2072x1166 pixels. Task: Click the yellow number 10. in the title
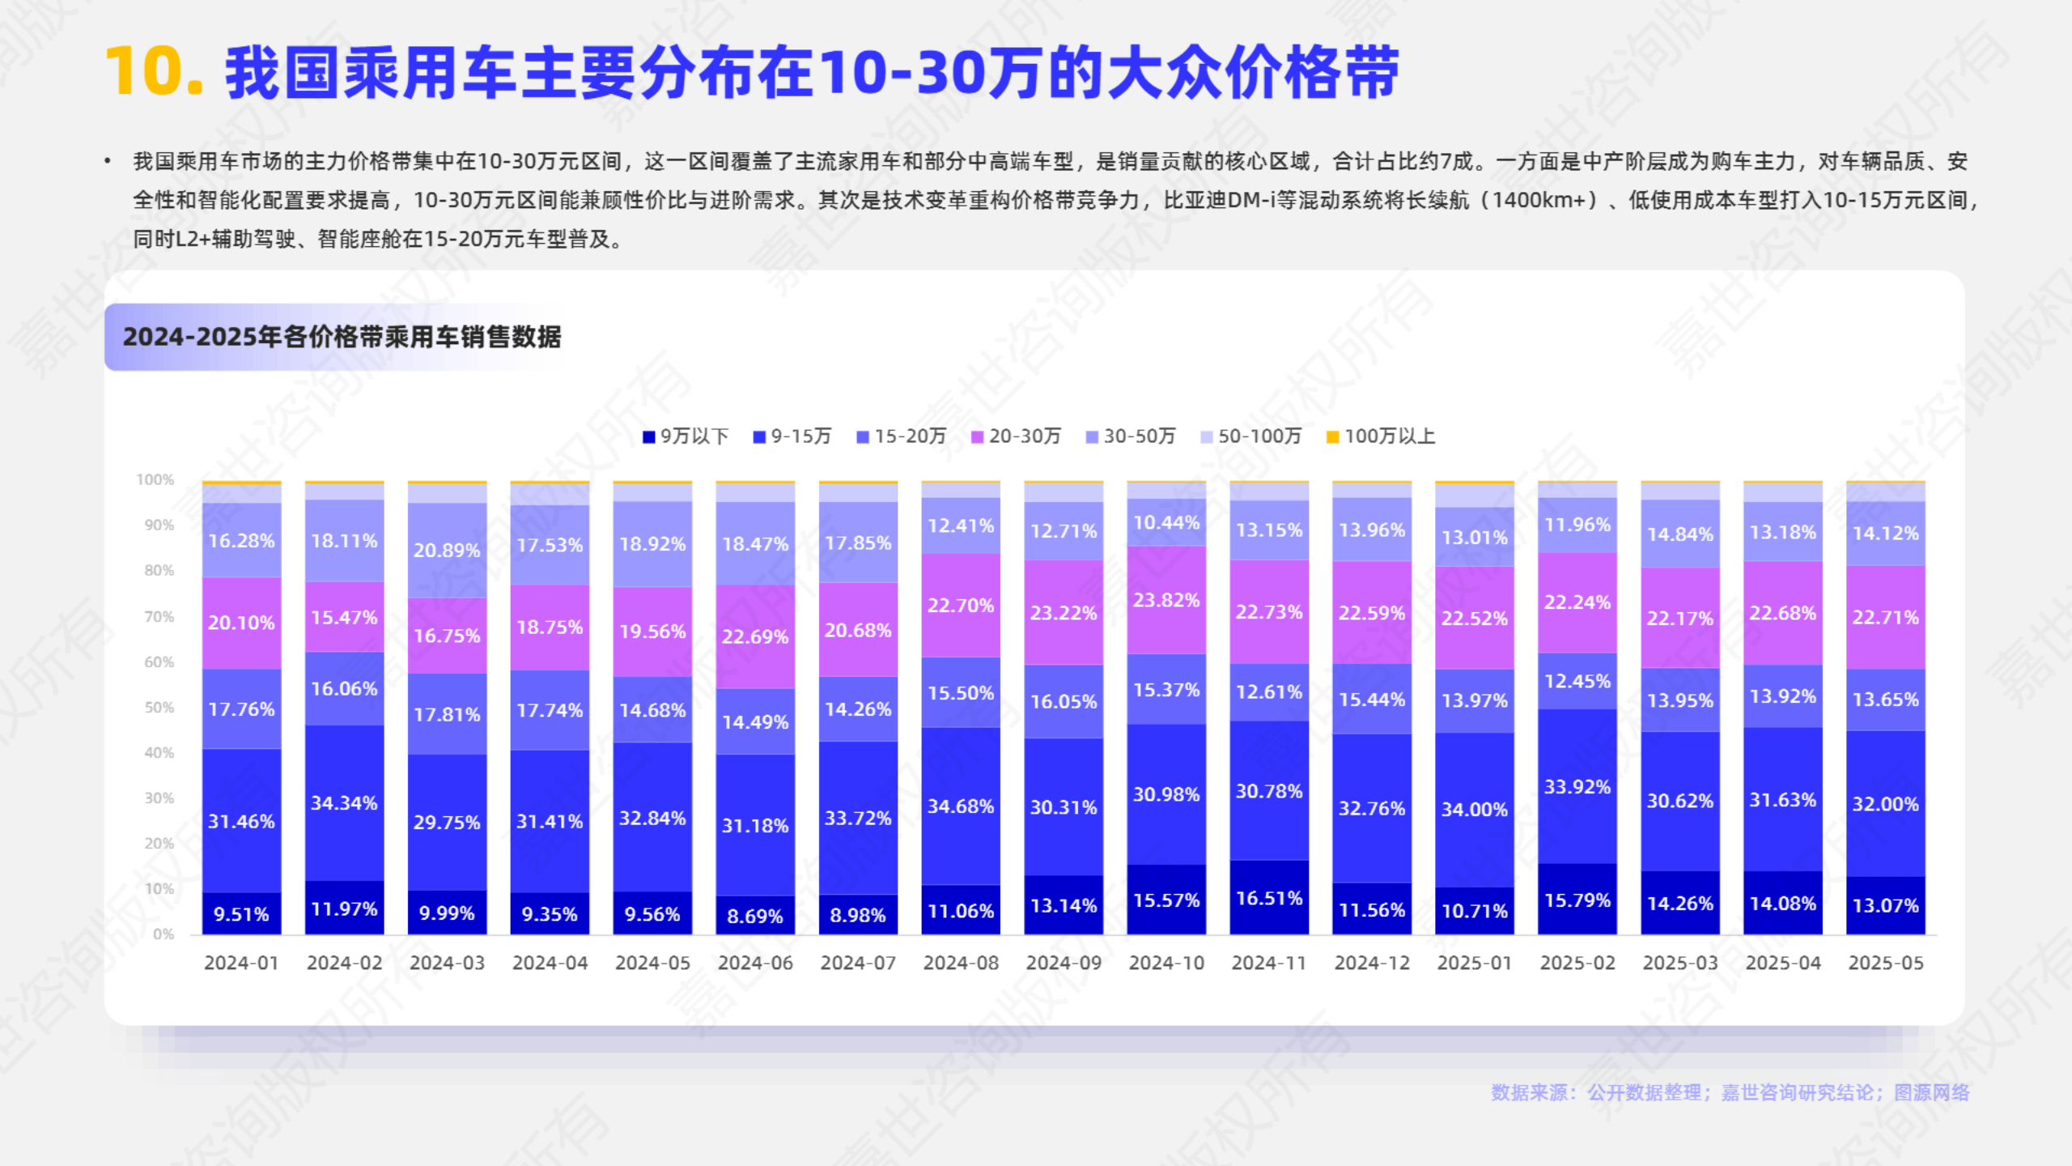(x=154, y=71)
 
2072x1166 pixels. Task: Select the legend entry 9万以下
(x=686, y=436)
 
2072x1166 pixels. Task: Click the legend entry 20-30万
(x=1016, y=436)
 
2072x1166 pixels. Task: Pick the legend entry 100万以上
(x=1381, y=436)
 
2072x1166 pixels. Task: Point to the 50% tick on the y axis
(x=159, y=707)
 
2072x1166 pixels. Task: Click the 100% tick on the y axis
(x=155, y=479)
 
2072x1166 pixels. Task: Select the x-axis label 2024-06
(x=755, y=963)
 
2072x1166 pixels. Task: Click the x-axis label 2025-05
(x=1885, y=963)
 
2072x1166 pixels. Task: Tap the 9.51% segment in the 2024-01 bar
(x=241, y=914)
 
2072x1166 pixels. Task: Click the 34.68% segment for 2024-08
(x=961, y=806)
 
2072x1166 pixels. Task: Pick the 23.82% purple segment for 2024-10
(x=1166, y=600)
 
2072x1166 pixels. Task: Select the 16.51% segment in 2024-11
(x=1269, y=898)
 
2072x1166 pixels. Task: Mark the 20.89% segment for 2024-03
(x=447, y=550)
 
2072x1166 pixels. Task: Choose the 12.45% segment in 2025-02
(x=1577, y=681)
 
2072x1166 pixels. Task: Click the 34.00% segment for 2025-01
(x=1475, y=809)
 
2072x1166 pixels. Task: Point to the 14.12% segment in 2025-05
(x=1885, y=533)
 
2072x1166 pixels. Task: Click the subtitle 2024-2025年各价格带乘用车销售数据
(x=342, y=337)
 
